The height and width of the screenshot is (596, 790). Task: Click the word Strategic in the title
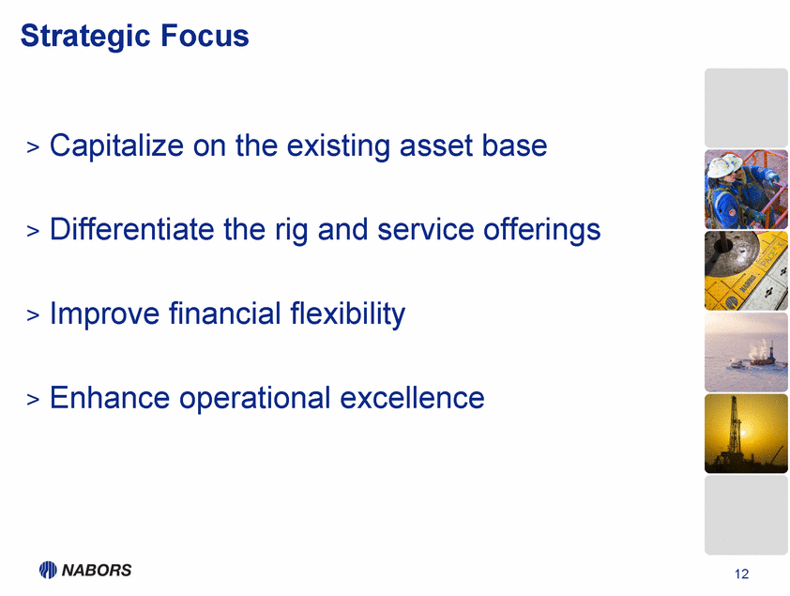85,37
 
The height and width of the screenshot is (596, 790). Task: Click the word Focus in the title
205,36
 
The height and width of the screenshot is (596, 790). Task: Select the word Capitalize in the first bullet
116,146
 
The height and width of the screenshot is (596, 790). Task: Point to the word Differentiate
132,229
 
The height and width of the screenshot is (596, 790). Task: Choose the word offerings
541,231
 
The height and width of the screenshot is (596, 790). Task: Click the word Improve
104,314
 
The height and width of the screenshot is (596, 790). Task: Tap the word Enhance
110,398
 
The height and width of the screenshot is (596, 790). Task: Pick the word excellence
412,398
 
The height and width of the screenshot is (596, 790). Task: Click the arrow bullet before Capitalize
33,147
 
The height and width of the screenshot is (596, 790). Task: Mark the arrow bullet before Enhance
33,399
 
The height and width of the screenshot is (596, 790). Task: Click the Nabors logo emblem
48,570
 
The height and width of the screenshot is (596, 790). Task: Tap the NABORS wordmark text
97,571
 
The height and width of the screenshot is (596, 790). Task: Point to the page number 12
741,574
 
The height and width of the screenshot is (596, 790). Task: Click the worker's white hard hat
724,165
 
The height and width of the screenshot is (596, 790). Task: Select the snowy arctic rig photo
746,352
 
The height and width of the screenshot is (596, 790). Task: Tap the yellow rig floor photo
746,270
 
